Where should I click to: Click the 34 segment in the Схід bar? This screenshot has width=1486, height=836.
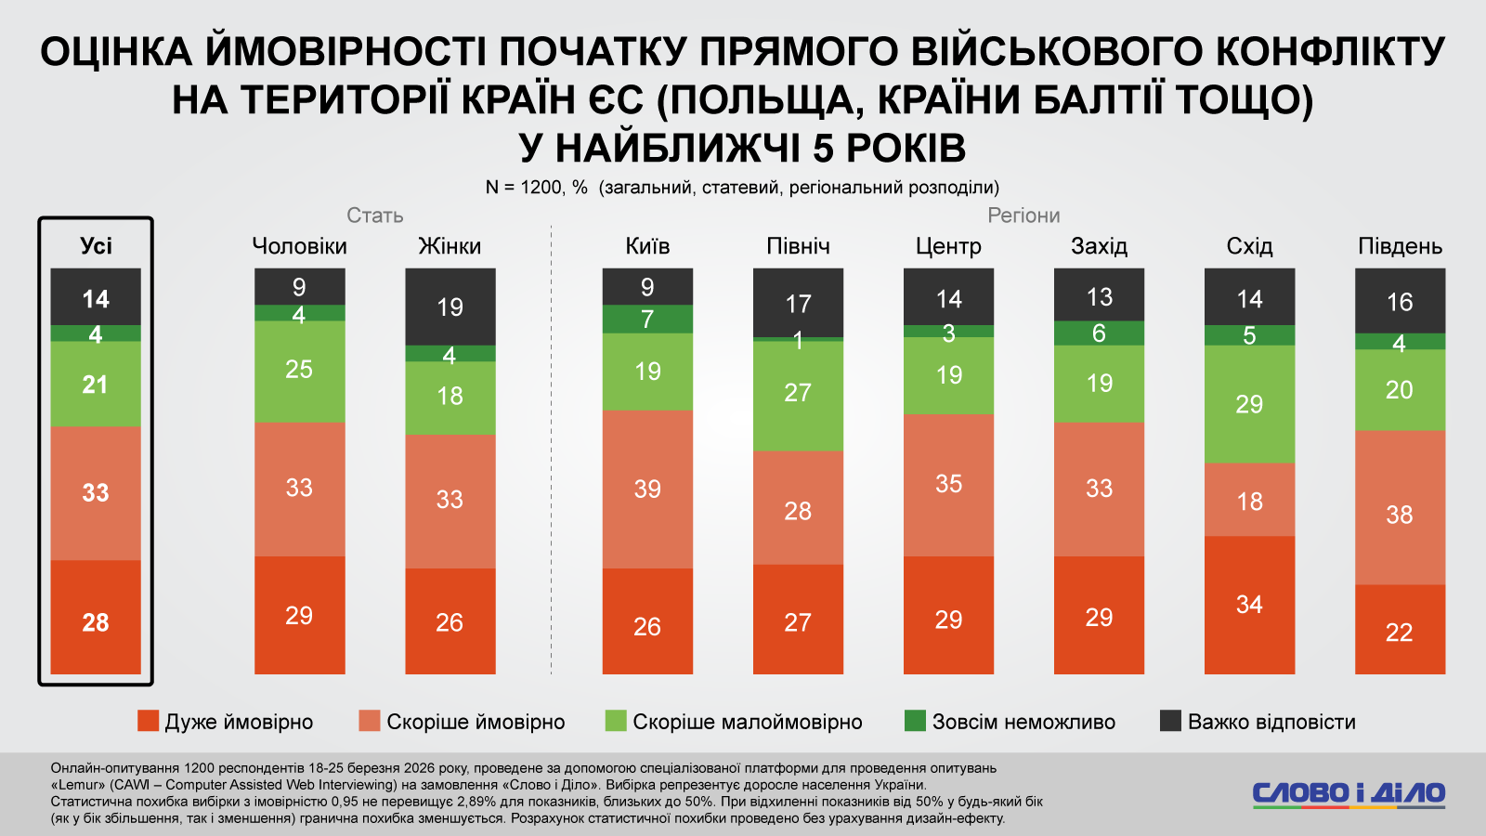[1249, 605]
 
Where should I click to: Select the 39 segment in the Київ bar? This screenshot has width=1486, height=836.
[647, 489]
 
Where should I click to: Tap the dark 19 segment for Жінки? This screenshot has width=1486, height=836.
[450, 307]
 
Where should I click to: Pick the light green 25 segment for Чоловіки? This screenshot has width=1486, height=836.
[299, 370]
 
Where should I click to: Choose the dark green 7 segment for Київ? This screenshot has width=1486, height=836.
[647, 319]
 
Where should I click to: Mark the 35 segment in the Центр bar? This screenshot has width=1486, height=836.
[948, 484]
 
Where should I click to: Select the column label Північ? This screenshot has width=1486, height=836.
[798, 246]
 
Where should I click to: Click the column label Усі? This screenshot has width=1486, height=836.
[96, 246]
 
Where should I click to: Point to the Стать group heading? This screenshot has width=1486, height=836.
[375, 216]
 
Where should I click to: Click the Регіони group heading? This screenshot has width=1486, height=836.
[1023, 216]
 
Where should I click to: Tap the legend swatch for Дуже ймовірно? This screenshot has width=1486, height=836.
[148, 721]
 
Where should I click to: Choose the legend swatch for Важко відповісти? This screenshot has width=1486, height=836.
[1170, 721]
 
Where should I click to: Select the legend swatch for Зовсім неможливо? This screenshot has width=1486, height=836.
[915, 721]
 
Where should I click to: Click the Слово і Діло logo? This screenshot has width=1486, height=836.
[1349, 794]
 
